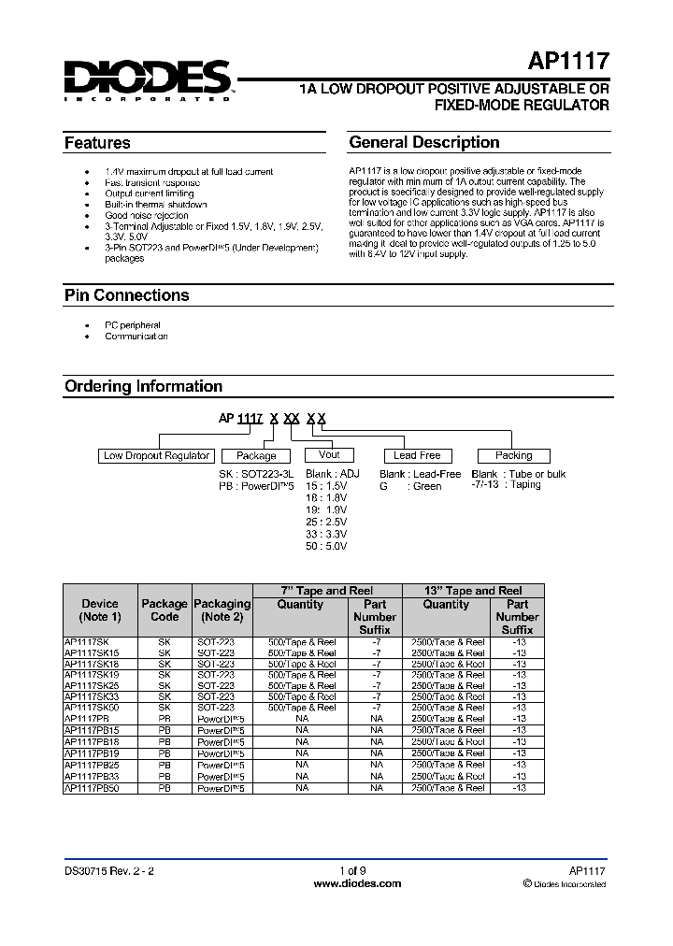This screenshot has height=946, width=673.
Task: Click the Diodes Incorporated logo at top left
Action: [147, 79]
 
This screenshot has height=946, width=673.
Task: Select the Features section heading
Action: [97, 143]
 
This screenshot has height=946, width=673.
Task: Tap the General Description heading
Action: [423, 142]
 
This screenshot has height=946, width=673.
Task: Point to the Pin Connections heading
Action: [126, 295]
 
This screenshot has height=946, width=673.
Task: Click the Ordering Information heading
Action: [143, 386]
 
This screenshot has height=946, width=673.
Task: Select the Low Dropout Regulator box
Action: [156, 455]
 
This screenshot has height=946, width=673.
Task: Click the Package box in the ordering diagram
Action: [256, 455]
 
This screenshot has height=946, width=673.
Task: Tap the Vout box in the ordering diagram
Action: [329, 454]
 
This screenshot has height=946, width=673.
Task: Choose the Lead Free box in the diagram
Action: [417, 455]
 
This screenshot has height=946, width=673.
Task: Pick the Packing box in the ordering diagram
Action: [513, 455]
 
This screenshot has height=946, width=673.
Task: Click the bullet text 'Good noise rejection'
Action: [147, 216]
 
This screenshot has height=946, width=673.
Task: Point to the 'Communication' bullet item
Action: [136, 336]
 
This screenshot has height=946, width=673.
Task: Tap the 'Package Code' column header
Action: [165, 610]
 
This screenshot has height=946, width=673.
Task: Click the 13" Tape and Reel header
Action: [472, 591]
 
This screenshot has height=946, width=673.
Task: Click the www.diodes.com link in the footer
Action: [357, 883]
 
